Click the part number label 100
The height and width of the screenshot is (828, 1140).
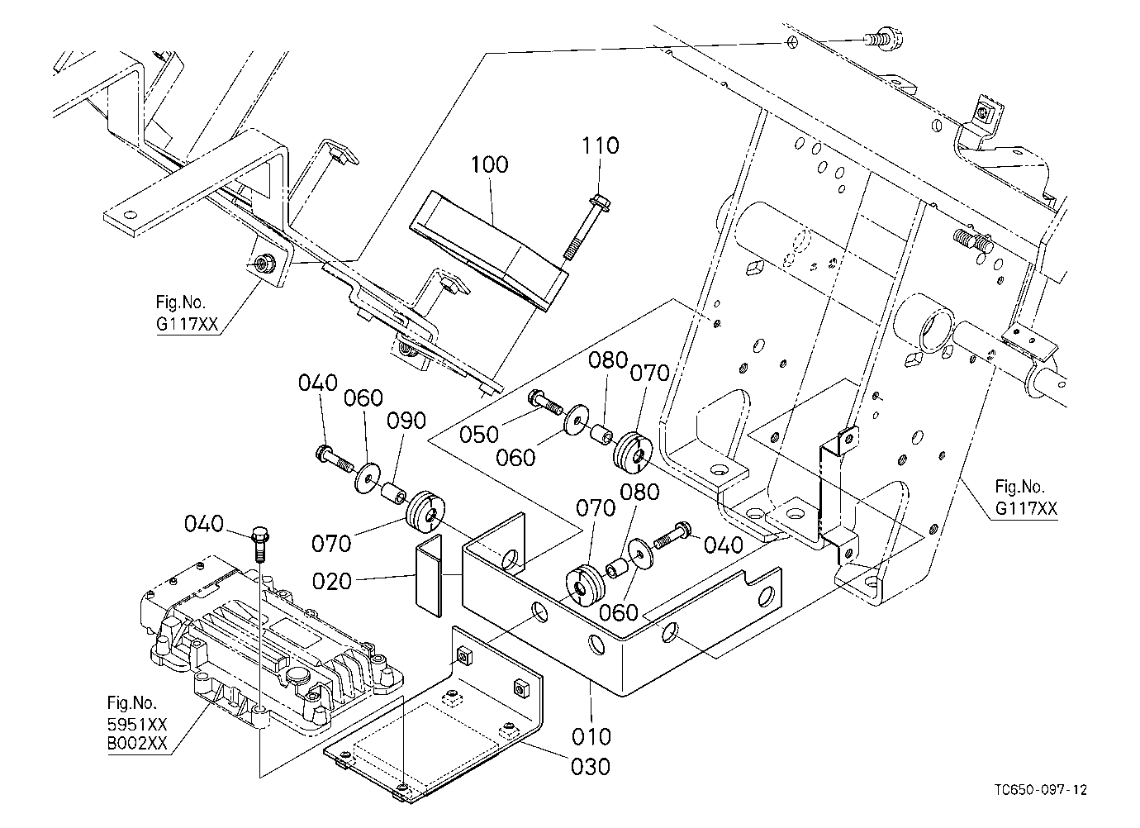coord(489,164)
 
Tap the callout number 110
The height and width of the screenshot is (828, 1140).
coord(601,145)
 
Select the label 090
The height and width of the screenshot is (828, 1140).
coord(406,421)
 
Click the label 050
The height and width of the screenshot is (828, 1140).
coord(479,435)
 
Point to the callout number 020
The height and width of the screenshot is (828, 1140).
coord(332,581)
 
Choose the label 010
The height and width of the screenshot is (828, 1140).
coord(591,736)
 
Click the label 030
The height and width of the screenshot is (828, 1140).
coord(591,766)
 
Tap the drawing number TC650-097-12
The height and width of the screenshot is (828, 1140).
coord(1041,790)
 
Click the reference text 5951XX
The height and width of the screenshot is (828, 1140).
coord(137,724)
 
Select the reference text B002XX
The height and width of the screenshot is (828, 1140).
coord(137,744)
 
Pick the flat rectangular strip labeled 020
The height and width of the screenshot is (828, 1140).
coord(430,576)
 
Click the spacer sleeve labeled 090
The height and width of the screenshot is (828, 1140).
coord(394,493)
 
